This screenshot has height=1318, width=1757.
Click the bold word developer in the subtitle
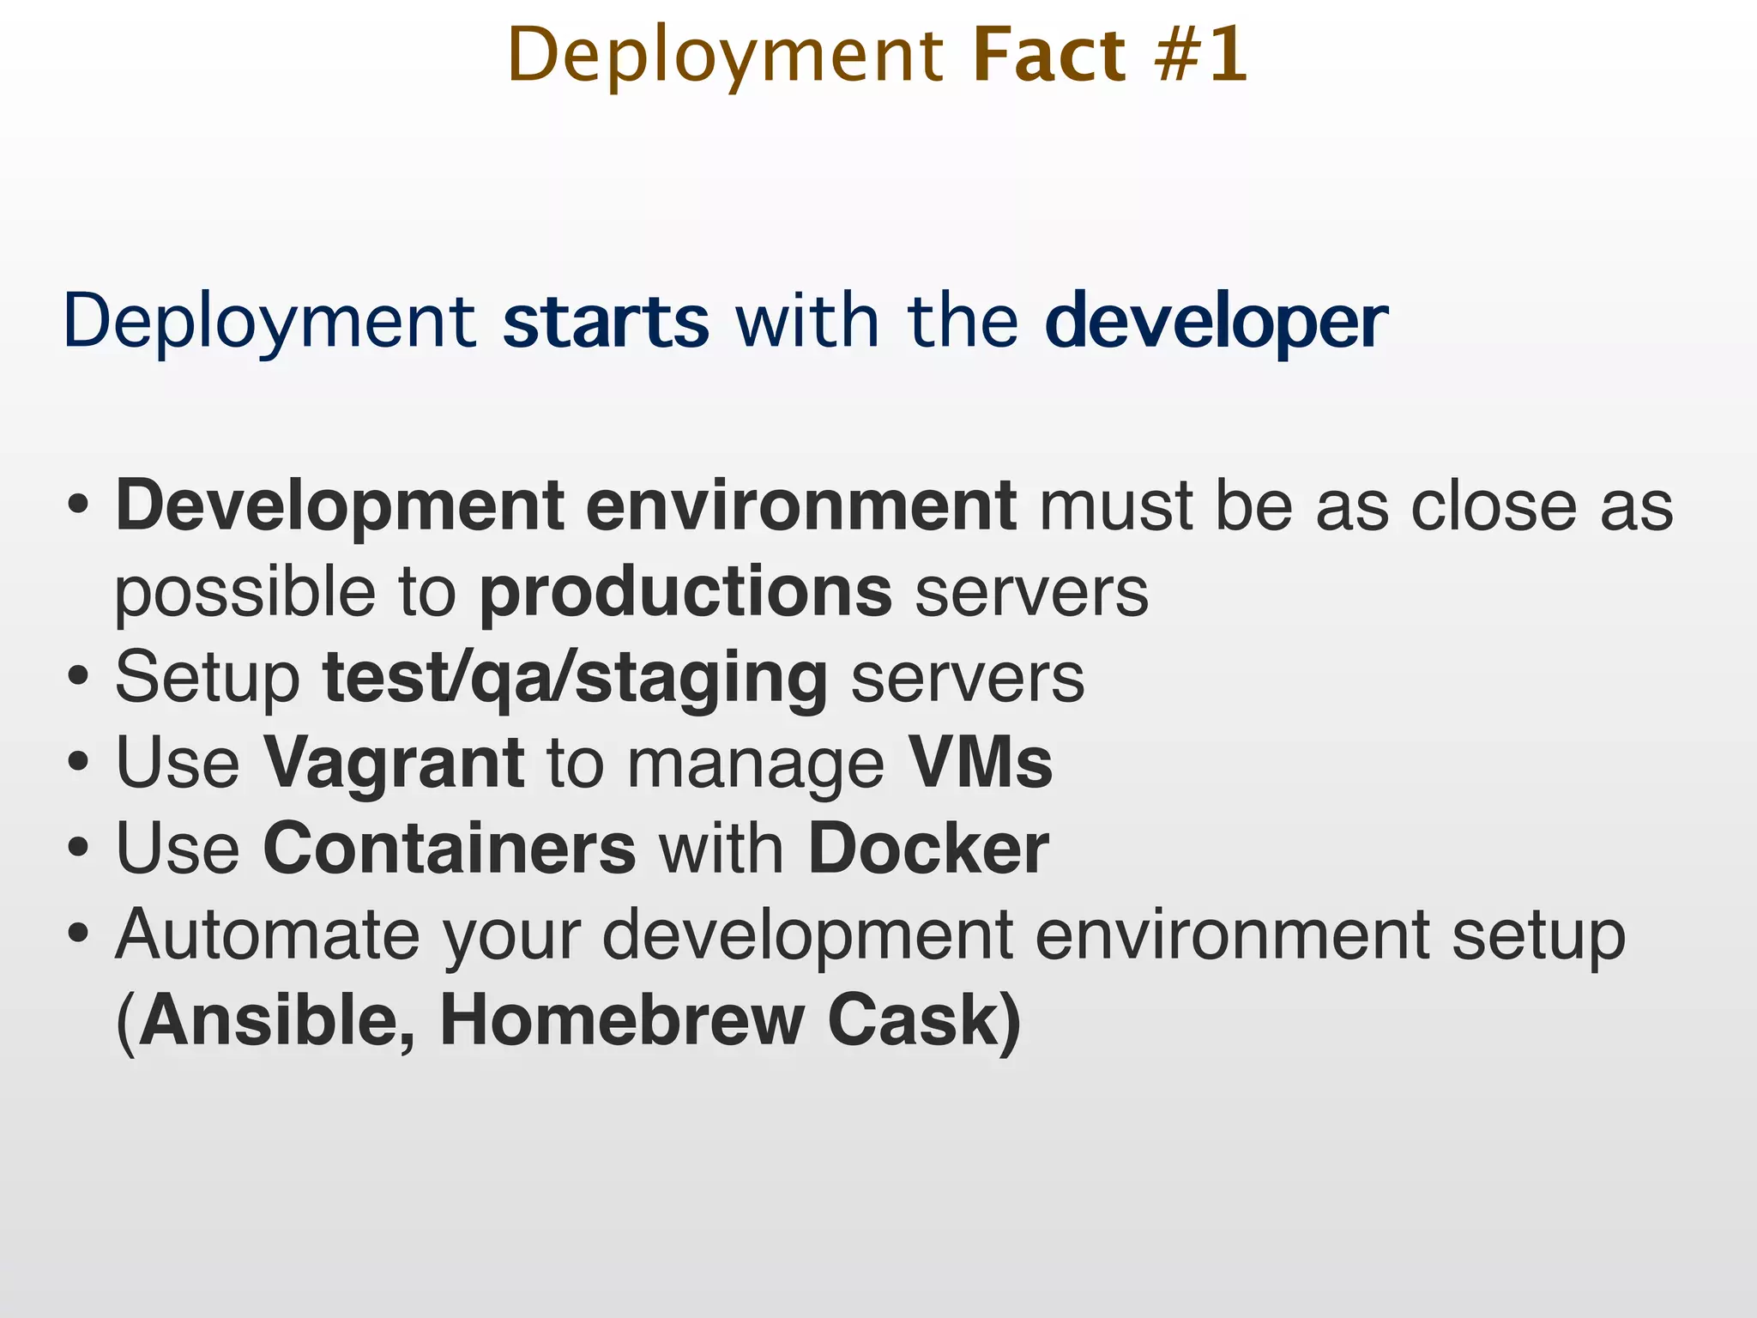1216,323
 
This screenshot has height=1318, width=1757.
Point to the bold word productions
685,592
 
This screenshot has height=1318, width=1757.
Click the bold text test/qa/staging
575,678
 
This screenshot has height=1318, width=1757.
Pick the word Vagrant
393,764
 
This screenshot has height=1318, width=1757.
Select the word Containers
450,848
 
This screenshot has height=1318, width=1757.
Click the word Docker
928,848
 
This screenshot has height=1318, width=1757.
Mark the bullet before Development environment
78,506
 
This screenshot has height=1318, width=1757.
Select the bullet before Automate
78,934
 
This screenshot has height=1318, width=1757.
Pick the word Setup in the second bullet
208,678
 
